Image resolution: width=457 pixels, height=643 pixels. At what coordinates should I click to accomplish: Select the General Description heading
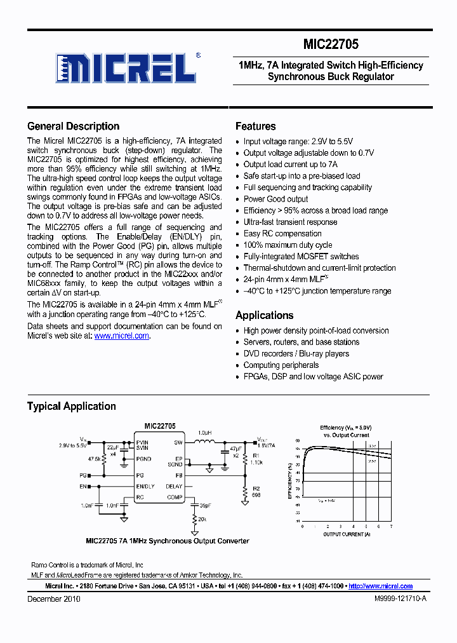click(x=73, y=126)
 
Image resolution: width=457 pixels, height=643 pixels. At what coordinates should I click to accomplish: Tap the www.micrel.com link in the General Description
click(x=122, y=335)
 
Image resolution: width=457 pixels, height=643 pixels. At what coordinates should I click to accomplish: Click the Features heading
click(x=255, y=126)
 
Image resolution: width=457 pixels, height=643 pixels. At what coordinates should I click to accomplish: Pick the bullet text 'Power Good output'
click(x=275, y=199)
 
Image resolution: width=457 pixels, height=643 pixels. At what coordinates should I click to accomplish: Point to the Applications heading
click(x=264, y=315)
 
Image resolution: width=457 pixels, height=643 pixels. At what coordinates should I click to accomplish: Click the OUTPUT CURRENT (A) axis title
click(x=347, y=534)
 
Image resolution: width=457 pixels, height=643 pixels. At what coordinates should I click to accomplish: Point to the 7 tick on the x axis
click(x=391, y=526)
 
